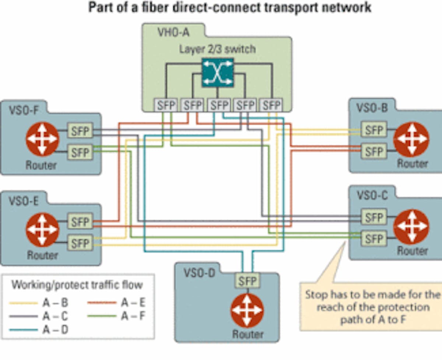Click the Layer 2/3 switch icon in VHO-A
(217, 72)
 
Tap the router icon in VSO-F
(42, 139)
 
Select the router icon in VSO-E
(42, 230)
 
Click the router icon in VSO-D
(247, 310)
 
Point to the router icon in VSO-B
(411, 139)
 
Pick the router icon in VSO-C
(411, 227)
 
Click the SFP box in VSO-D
(247, 280)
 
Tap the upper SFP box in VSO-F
(80, 131)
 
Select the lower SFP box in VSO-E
(80, 243)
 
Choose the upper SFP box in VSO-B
(374, 130)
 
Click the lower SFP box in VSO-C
(374, 239)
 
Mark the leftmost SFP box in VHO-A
(166, 105)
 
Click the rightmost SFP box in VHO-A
(271, 105)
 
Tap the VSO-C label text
(372, 195)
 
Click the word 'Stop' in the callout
(314, 295)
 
